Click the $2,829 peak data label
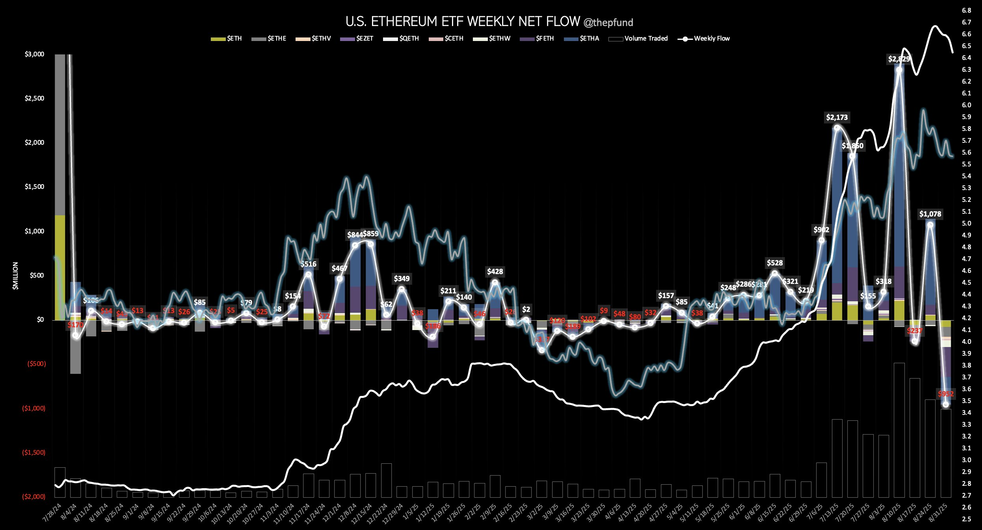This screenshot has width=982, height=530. click(899, 59)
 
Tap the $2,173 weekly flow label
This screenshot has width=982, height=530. click(837, 118)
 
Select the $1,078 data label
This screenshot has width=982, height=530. click(930, 214)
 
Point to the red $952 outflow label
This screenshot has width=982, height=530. click(946, 394)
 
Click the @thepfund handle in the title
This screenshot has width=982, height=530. click(608, 23)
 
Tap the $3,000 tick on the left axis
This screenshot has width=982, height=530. click(35, 54)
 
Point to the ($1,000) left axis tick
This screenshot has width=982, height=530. click(34, 408)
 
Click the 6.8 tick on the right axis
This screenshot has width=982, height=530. click(966, 10)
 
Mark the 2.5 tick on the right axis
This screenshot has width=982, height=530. click(966, 519)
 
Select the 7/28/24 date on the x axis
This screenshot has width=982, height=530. click(53, 512)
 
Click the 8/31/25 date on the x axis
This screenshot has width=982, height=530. click(939, 512)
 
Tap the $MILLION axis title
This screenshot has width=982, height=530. click(15, 276)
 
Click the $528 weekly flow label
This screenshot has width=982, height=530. click(774, 263)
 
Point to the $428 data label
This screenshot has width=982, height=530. click(495, 272)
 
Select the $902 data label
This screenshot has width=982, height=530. click(821, 230)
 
